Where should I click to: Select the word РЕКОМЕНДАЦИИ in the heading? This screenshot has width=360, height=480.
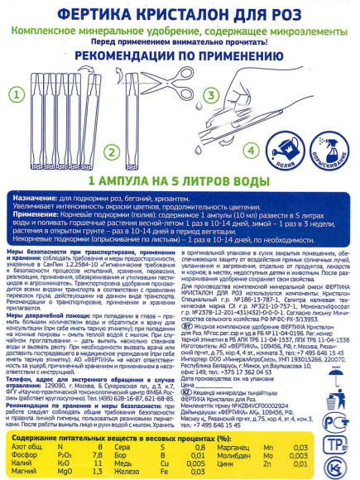pos(115,54)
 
